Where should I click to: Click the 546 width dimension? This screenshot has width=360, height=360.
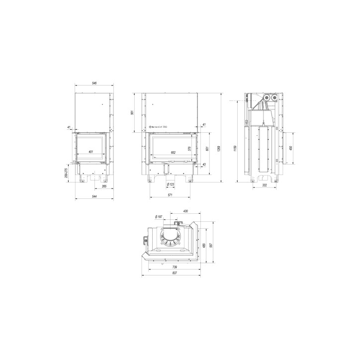pos(94,84)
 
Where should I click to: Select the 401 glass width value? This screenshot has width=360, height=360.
pos(90,152)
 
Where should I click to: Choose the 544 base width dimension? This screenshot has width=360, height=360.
pos(94,197)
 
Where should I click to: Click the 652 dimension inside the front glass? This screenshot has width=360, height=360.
pos(173,152)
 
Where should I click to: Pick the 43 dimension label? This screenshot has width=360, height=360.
pos(204,165)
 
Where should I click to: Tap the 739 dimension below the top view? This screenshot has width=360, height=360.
pos(170,267)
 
